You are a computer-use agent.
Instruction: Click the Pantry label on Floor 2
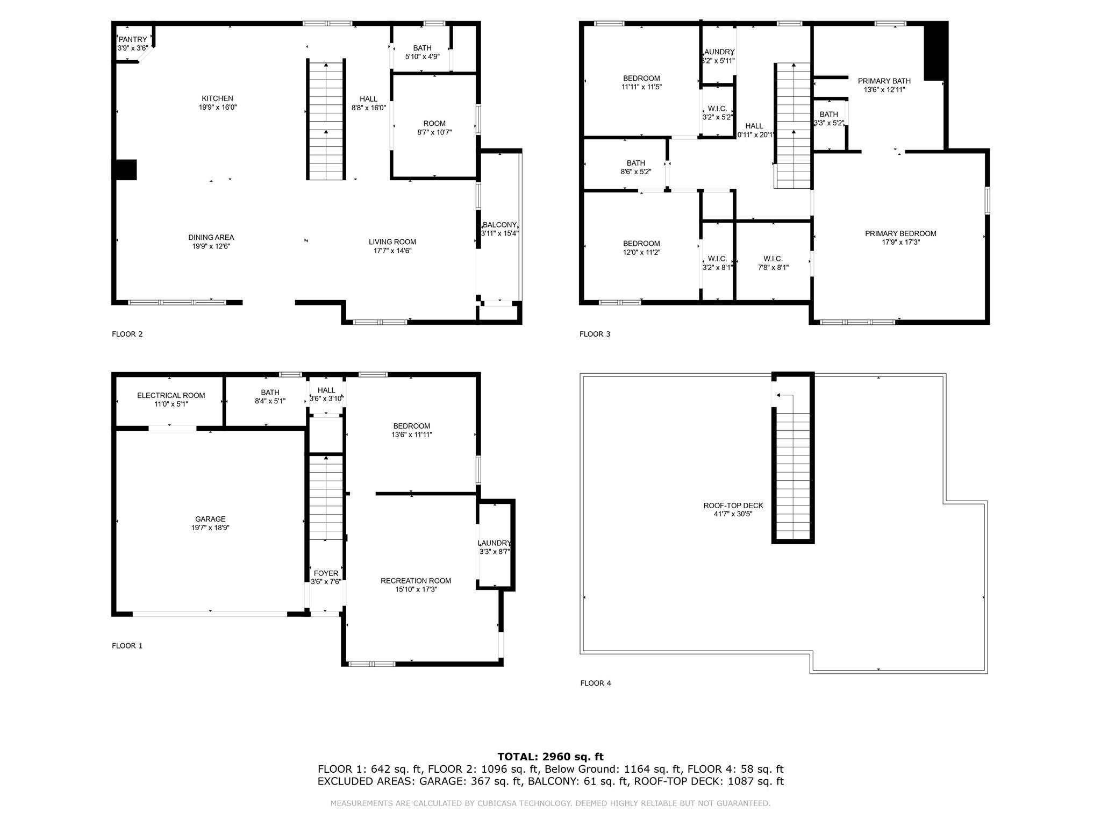click(132, 39)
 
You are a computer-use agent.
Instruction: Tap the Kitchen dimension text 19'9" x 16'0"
click(217, 107)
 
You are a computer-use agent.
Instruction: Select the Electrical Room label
click(171, 395)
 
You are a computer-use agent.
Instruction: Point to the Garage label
click(210, 519)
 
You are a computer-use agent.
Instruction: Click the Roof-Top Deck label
click(733, 505)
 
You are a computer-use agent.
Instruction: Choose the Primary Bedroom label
click(900, 233)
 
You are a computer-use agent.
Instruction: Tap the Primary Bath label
click(884, 81)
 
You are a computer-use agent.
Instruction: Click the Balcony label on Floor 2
click(499, 225)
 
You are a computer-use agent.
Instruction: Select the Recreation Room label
click(416, 581)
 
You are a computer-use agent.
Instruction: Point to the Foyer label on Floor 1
click(326, 573)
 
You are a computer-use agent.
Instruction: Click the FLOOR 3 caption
click(595, 334)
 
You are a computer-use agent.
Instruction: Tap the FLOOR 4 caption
click(596, 683)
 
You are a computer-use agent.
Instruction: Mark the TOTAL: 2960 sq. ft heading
click(550, 757)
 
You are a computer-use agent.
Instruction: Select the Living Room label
click(392, 242)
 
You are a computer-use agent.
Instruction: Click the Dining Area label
click(211, 237)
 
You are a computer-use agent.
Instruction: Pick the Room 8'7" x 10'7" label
click(434, 124)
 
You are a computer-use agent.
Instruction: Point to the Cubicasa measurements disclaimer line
click(550, 803)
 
